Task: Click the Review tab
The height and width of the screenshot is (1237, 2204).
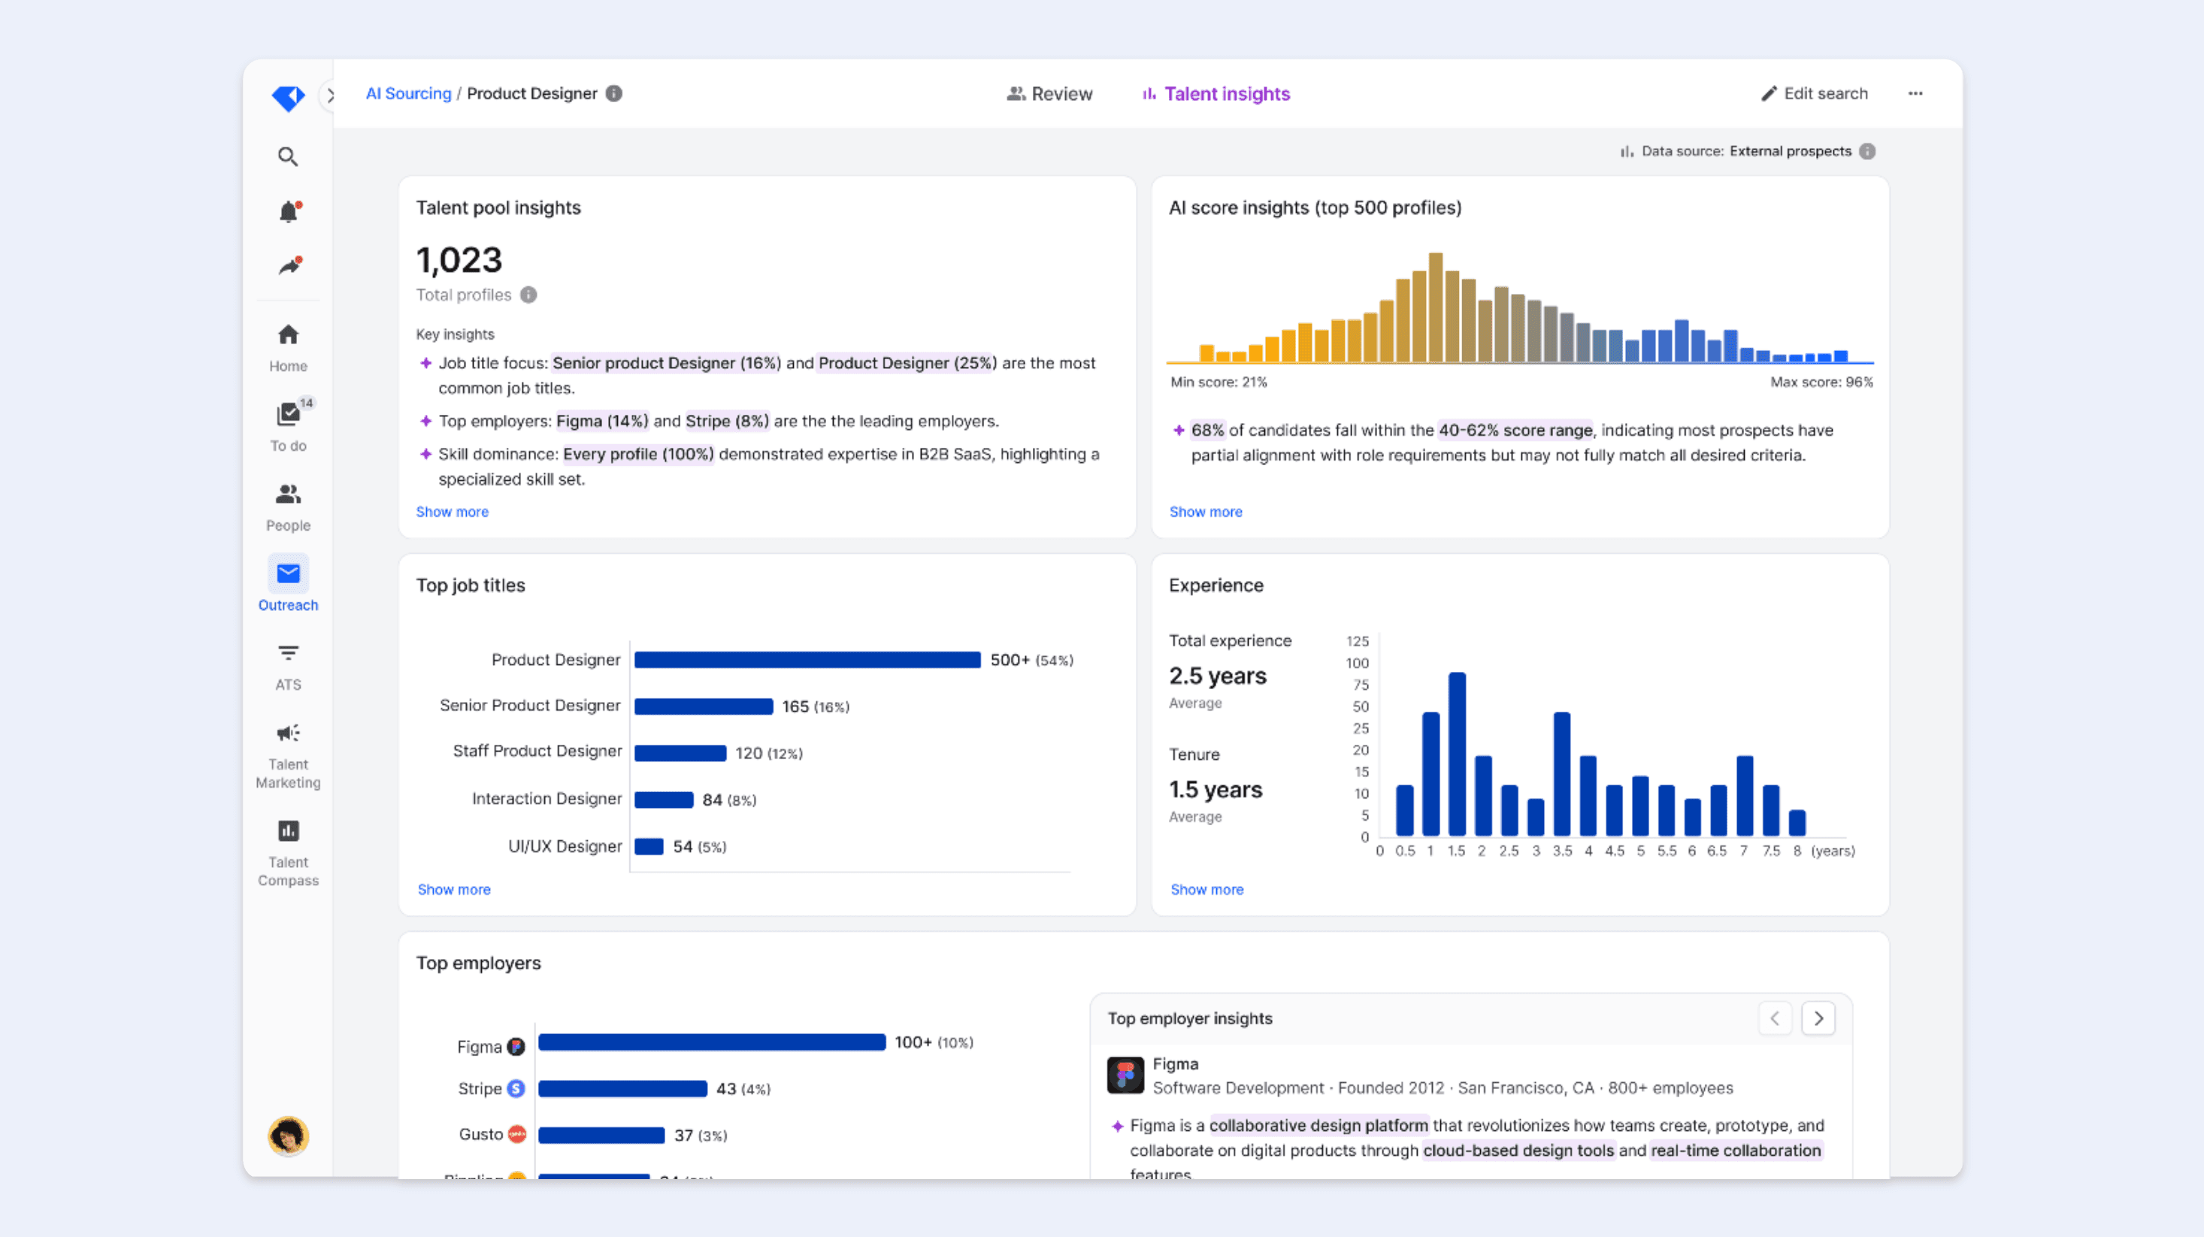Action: [1050, 94]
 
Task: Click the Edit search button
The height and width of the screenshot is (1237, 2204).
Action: [1815, 94]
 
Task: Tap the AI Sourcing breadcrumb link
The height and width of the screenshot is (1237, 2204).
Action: [408, 94]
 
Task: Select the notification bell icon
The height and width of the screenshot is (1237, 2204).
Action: [289, 211]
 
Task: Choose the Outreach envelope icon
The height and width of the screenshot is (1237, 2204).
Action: [289, 574]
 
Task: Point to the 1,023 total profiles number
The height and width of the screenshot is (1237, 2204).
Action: [459, 260]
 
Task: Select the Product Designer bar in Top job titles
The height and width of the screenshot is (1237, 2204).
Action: [807, 660]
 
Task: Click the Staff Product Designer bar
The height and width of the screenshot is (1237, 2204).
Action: [680, 753]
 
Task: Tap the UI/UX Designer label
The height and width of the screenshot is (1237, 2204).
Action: [565, 846]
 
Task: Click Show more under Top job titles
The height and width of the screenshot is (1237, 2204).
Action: [454, 890]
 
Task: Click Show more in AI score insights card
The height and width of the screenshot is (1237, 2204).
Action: [1206, 512]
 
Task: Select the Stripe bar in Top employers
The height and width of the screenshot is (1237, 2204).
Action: [622, 1089]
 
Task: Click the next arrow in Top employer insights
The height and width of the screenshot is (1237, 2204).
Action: [1818, 1018]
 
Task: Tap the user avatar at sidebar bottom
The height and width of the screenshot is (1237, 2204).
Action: [289, 1136]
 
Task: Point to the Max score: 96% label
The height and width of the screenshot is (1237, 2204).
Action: [1821, 383]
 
